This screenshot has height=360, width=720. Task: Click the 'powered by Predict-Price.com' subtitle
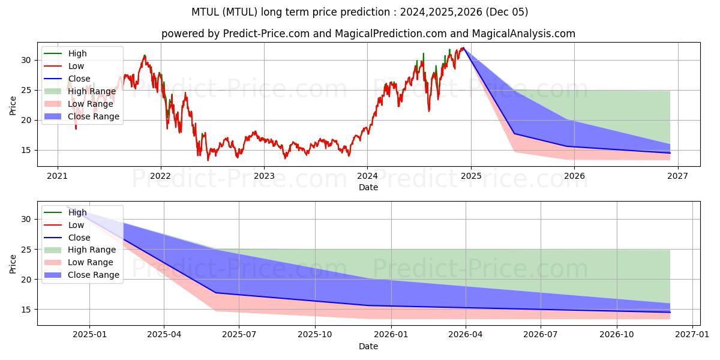click(368, 34)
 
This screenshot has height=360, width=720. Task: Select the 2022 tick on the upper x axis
click(161, 176)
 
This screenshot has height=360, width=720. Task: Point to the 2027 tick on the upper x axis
click(677, 176)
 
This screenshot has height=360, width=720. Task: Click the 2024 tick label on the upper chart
click(367, 176)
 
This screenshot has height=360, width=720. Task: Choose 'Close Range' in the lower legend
click(93, 275)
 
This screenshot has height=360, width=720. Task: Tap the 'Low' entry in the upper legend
click(76, 66)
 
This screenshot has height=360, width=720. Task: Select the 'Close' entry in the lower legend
click(79, 238)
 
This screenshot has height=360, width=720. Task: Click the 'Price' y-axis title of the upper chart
click(13, 106)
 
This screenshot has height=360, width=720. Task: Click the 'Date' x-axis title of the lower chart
click(368, 346)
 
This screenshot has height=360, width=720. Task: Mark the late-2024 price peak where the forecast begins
click(463, 48)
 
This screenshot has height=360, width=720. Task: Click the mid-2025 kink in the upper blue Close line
click(514, 134)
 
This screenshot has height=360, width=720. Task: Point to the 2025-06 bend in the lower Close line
click(216, 293)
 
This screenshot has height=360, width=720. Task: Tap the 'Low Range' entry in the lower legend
click(91, 262)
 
